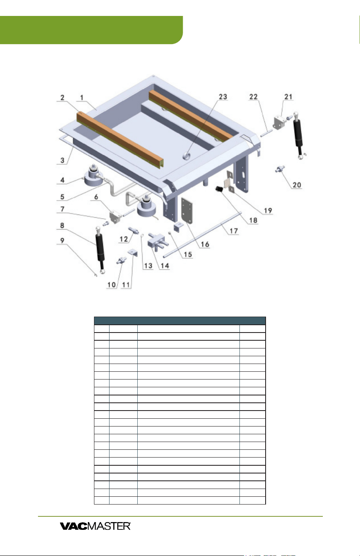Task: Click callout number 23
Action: pyautogui.click(x=223, y=97)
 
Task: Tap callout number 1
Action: pyautogui.click(x=82, y=98)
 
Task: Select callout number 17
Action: pyautogui.click(x=234, y=231)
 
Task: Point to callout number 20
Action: pyautogui.click(x=297, y=185)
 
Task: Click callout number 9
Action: pyautogui.click(x=63, y=241)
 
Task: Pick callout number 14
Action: pyautogui.click(x=165, y=266)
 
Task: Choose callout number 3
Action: pyautogui.click(x=63, y=161)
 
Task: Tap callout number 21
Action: pyautogui.click(x=288, y=97)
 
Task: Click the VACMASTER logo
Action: pyautogui.click(x=95, y=526)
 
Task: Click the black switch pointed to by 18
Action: pyautogui.click(x=219, y=189)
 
